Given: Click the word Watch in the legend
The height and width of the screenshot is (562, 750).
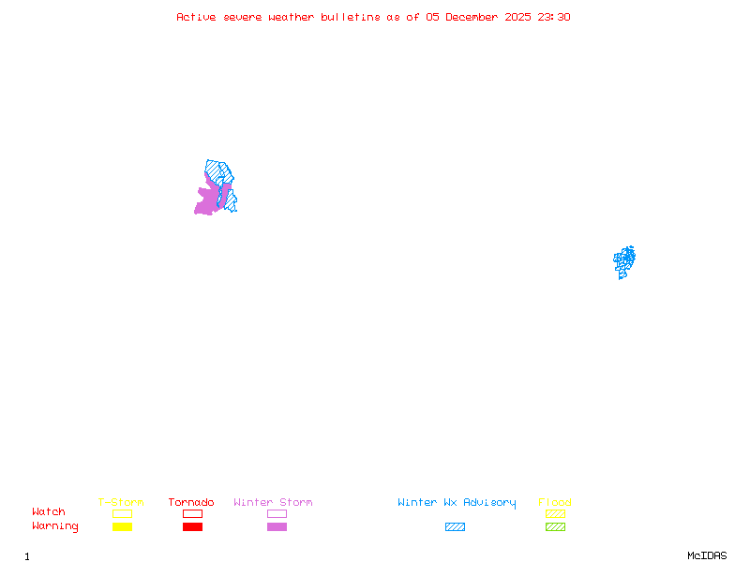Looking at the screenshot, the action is [49, 512].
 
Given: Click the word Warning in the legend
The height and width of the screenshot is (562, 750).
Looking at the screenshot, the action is [55, 526].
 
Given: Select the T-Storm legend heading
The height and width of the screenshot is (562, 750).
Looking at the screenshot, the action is [121, 503].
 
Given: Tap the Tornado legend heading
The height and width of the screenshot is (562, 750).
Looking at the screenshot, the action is [191, 503].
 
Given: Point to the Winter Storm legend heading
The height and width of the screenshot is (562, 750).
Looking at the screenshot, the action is [273, 503].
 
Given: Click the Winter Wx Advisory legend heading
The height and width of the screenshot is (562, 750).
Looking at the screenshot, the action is [457, 503].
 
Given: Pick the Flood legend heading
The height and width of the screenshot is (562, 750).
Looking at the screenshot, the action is [555, 503].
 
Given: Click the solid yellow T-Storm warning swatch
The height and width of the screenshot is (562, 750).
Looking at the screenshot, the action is [122, 527].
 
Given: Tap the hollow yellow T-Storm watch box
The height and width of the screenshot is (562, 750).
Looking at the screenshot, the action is [122, 513].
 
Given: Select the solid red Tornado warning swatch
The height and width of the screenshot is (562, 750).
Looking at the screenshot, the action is [192, 527].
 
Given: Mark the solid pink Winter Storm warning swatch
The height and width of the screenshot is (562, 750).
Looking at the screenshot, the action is [277, 527].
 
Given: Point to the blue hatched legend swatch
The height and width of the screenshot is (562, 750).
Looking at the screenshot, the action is [455, 527].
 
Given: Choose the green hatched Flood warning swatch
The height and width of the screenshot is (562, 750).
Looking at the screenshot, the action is [555, 527].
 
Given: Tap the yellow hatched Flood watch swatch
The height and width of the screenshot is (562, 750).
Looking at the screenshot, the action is [555, 513].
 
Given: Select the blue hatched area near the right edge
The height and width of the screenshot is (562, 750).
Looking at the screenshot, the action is [624, 261].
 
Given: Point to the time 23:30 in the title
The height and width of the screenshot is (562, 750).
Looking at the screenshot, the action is [553, 17].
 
